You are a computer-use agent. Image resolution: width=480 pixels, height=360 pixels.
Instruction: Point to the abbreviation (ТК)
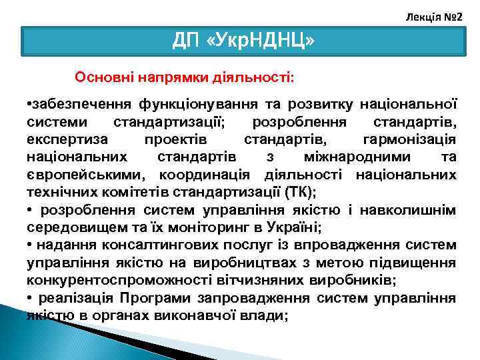pos(299,192)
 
